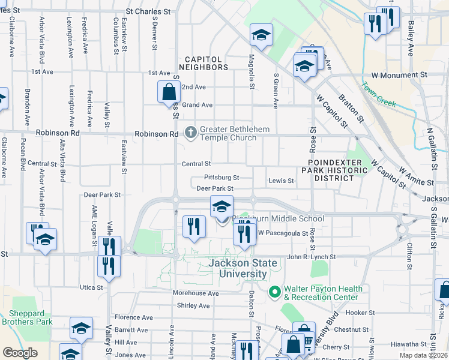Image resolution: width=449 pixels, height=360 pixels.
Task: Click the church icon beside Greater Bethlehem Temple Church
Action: pyautogui.click(x=191, y=131)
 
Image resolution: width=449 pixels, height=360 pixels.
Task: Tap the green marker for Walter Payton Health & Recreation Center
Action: pyautogui.click(x=276, y=292)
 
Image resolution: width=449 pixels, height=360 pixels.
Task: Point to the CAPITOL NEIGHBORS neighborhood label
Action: pyautogui.click(x=206, y=63)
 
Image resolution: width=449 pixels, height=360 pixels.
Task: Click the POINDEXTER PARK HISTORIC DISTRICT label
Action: pyautogui.click(x=336, y=170)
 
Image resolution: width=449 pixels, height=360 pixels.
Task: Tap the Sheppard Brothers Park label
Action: pyautogui.click(x=30, y=317)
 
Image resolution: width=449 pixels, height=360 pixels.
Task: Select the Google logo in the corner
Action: pyautogui.click(x=20, y=353)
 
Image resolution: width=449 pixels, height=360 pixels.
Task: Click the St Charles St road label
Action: pyautogui.click(x=152, y=11)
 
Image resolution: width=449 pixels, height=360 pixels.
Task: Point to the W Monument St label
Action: pyautogui.click(x=399, y=76)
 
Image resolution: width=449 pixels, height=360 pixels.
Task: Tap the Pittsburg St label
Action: pyautogui.click(x=221, y=178)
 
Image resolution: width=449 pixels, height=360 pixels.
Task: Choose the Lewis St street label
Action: pyautogui.click(x=281, y=180)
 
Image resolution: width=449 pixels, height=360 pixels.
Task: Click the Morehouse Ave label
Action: pyautogui.click(x=196, y=293)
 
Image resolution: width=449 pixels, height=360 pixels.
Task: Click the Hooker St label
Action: pyautogui.click(x=360, y=313)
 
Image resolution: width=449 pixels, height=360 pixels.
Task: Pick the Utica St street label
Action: pyautogui.click(x=92, y=287)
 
